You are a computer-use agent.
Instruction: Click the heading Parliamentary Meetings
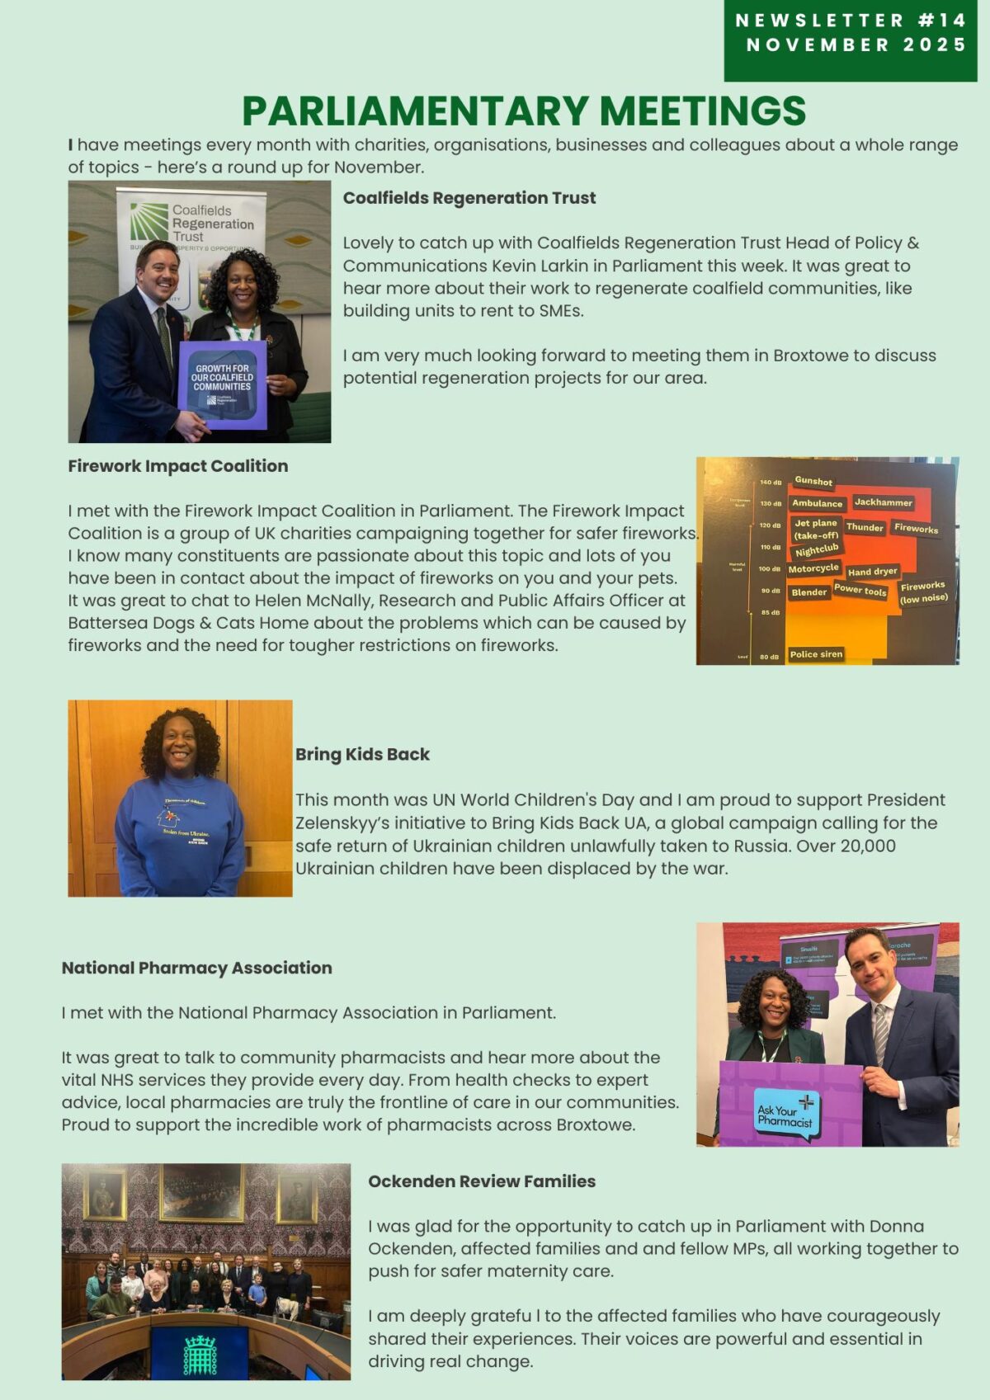click(523, 111)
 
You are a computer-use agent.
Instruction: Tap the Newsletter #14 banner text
click(851, 21)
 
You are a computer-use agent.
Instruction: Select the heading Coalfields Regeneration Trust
click(469, 198)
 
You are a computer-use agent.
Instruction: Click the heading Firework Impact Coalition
click(178, 466)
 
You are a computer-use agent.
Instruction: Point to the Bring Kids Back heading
click(362, 754)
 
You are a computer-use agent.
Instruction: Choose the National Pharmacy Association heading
click(196, 968)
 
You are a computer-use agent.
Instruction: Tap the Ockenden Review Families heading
click(482, 1181)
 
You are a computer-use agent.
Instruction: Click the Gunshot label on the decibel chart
click(813, 481)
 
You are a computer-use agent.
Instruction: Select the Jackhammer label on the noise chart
click(883, 502)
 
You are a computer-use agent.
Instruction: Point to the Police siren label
click(816, 654)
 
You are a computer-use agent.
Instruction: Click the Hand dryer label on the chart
click(872, 572)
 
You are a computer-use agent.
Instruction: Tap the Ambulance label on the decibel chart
click(817, 503)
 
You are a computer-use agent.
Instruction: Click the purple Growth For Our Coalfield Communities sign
click(222, 384)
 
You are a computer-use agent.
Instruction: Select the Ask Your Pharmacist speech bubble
click(786, 1115)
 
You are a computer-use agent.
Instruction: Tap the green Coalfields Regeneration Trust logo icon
click(148, 221)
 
